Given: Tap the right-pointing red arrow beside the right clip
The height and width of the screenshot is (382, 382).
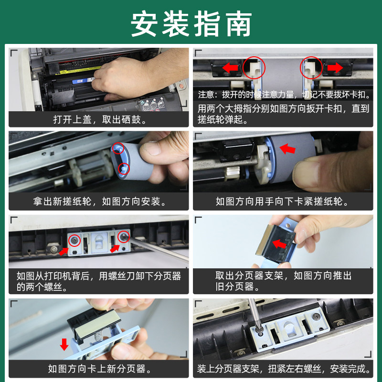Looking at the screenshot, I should point(335,68).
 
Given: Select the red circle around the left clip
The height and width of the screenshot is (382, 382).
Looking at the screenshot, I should point(254,68).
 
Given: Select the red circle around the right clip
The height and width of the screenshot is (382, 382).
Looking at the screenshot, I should point(311,68).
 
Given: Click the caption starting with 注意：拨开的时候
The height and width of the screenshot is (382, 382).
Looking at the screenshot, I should point(283,95).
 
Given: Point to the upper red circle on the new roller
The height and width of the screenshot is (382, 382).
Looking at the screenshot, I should point(117,149).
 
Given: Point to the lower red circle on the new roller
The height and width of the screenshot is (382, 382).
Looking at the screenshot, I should point(124,168).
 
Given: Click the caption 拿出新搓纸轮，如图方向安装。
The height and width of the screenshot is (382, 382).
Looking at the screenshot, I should point(99,202).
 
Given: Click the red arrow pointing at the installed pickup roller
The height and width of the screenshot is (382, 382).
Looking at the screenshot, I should point(287,149).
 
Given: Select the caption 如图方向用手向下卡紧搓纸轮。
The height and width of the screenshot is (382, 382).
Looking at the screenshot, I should point(283,202).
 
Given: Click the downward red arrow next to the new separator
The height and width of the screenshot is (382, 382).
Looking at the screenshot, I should point(64,344).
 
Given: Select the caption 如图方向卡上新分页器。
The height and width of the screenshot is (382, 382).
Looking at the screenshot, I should point(99,369).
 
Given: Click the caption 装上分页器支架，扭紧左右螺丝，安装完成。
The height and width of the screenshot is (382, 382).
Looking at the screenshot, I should point(283,369).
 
